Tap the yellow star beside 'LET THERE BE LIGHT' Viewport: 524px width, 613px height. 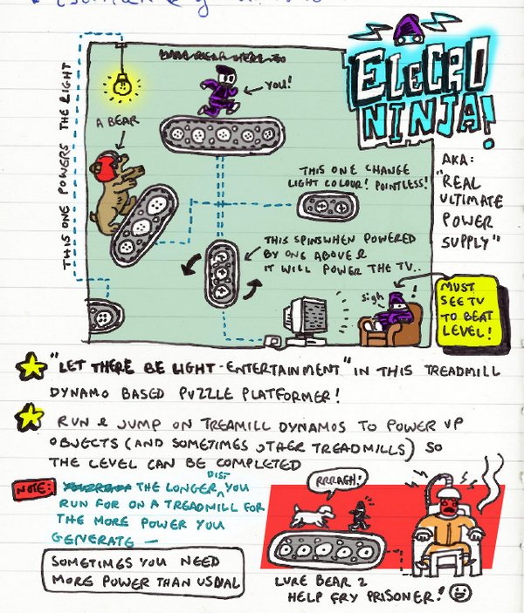coord(31,367)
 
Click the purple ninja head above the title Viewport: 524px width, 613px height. coord(406,32)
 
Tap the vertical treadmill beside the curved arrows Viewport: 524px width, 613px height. coord(222,275)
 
